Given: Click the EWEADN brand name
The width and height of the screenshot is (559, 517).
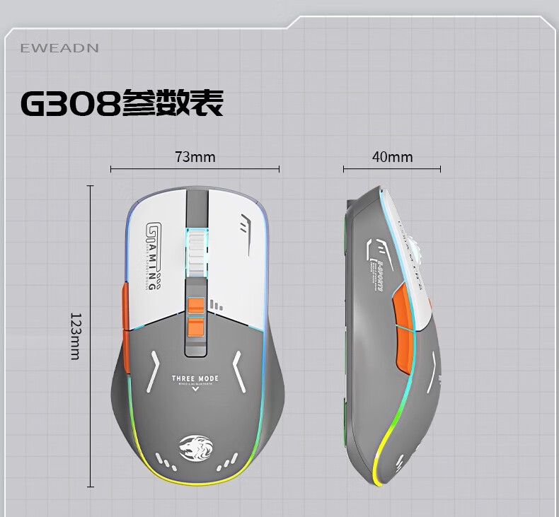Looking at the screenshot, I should coord(59,48).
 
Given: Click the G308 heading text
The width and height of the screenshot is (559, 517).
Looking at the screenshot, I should coord(69,103).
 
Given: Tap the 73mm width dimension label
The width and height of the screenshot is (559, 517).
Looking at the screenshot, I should coord(195,156).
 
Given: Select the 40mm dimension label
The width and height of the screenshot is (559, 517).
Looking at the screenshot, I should coord(392,156).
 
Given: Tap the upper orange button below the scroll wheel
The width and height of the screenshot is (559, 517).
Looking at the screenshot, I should coord(196,305).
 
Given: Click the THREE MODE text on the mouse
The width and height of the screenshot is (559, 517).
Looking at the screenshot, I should coord(195,379).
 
